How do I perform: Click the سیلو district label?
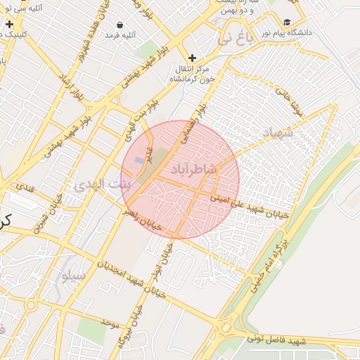(x=74, y=275)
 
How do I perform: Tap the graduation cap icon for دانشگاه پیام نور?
(x=287, y=22)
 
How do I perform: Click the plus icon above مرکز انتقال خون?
(x=192, y=58)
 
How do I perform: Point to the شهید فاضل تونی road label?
(x=277, y=341)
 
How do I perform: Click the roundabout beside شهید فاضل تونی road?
(x=226, y=328)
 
